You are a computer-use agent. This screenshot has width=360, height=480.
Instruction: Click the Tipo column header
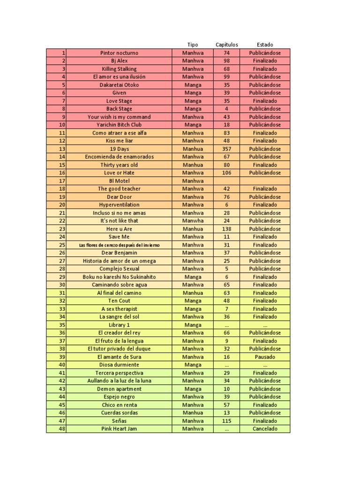(193, 45)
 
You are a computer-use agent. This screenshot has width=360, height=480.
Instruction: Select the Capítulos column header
(226, 45)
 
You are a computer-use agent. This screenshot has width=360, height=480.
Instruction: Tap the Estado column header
(265, 45)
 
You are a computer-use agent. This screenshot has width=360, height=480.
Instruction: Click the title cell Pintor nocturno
(119, 53)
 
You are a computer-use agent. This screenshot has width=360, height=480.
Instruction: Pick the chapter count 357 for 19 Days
(226, 149)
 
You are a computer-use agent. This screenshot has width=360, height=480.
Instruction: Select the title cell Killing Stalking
(119, 69)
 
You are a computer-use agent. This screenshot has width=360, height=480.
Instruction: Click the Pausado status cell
(265, 357)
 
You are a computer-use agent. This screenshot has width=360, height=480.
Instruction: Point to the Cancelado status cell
(265, 428)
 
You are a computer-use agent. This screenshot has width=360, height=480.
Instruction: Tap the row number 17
(62, 181)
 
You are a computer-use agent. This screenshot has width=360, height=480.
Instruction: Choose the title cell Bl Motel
(119, 181)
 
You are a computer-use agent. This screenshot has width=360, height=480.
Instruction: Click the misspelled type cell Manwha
(193, 221)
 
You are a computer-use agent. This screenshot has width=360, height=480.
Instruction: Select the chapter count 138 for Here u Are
(226, 229)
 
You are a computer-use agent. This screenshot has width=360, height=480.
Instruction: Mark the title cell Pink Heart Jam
(119, 428)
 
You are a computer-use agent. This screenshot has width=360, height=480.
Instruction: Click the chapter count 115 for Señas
(226, 420)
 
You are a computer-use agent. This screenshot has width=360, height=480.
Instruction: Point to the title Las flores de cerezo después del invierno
(119, 245)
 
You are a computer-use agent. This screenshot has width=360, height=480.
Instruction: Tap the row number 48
(62, 428)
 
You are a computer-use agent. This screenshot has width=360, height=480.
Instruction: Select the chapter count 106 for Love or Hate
(226, 172)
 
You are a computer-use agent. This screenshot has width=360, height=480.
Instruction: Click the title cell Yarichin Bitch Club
(119, 125)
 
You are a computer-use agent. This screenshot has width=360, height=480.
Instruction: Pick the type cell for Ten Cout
(193, 301)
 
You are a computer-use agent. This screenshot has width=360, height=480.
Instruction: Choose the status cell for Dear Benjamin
(265, 253)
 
